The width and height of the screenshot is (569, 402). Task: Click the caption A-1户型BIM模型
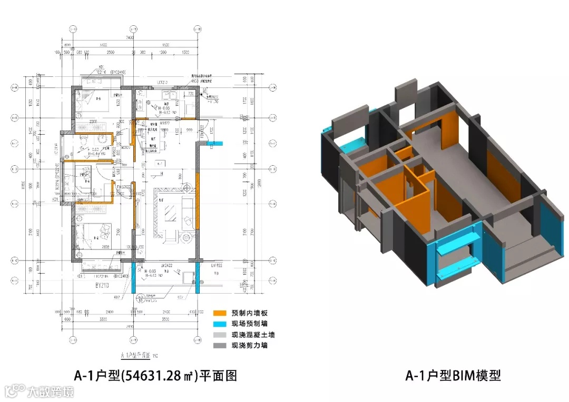pos(453,375)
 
